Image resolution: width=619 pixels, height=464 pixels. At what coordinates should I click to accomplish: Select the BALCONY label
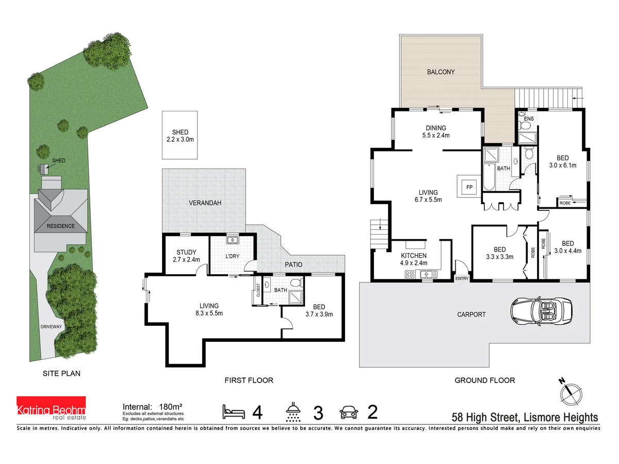point(441,72)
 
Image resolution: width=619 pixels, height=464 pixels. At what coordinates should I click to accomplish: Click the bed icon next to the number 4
point(234,412)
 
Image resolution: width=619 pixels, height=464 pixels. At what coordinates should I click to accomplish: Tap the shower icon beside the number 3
point(294,412)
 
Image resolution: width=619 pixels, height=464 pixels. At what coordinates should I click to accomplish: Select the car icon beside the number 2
point(349,412)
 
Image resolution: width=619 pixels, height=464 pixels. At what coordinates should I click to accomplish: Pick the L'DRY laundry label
point(232,256)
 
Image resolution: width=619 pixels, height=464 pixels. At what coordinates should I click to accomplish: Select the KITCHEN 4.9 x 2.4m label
point(414,259)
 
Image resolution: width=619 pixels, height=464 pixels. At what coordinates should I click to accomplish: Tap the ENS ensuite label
point(528,119)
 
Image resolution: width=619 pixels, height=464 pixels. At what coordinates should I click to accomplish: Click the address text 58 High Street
point(525,417)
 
